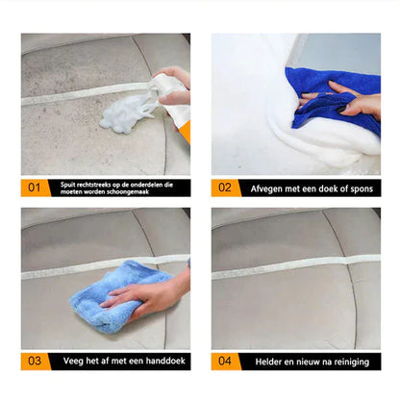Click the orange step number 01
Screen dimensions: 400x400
tap(33, 187)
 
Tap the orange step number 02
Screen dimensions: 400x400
tap(225, 187)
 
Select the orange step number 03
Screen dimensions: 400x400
tap(33, 362)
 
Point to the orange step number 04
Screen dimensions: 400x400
tap(225, 362)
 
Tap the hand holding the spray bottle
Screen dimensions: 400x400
tap(173, 83)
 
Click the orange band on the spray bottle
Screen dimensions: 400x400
tap(183, 130)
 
